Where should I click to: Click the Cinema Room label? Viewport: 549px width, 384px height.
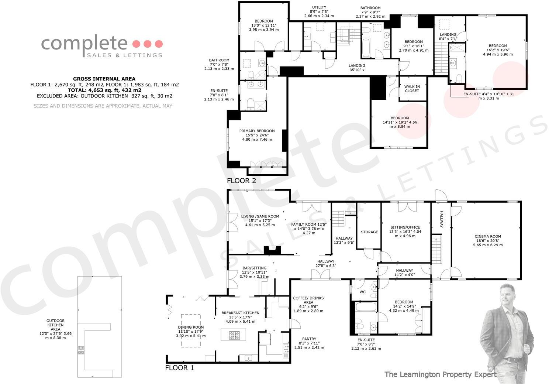tap(487, 240)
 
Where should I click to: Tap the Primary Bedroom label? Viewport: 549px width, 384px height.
tap(257, 135)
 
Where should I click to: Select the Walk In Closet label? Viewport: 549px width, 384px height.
tap(412, 89)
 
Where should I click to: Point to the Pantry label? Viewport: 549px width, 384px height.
tap(308, 343)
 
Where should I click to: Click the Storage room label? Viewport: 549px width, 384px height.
tap(369, 232)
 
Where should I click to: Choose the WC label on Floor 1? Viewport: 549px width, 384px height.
tap(362, 292)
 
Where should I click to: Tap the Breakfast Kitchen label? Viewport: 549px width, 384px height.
tap(240, 317)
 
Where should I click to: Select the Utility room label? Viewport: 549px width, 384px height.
tap(319, 11)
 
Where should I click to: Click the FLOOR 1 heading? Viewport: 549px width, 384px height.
tap(179, 368)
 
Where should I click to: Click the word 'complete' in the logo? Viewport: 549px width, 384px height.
tap(84, 43)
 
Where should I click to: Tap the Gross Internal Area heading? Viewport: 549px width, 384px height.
tap(104, 79)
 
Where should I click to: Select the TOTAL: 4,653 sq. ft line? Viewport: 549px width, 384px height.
tap(104, 90)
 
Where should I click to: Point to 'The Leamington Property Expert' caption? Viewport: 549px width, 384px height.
tap(440, 374)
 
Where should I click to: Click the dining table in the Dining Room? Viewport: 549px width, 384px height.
tap(191, 330)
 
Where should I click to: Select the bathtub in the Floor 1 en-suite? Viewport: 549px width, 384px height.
tap(365, 308)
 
